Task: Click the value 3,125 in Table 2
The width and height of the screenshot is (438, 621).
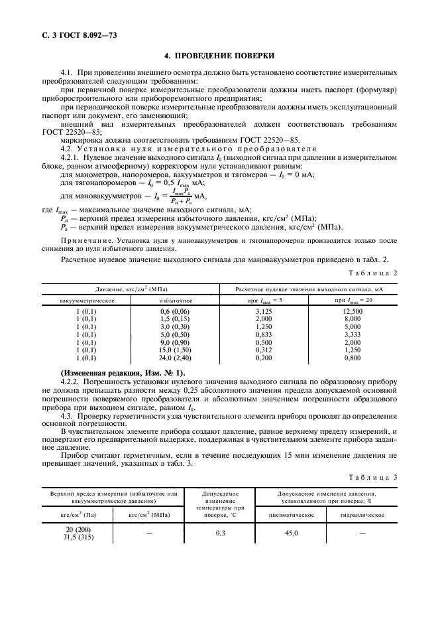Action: [x=265, y=311]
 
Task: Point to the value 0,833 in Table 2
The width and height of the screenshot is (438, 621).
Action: [x=265, y=336]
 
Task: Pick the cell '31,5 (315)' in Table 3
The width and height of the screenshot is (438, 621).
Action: [x=79, y=537]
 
